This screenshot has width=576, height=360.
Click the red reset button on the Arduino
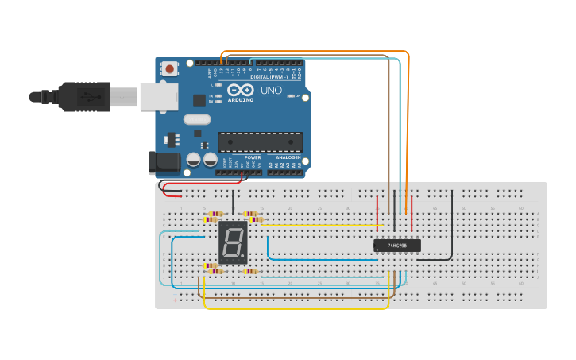pos(169,68)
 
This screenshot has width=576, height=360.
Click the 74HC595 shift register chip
pos(397,246)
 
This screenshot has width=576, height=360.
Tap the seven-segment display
pos(233,242)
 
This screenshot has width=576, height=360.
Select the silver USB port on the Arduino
pos(158,97)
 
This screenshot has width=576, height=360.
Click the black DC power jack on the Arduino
pos(164,162)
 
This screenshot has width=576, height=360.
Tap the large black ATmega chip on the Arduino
pos(261,141)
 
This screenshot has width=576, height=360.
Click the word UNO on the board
pos(272,90)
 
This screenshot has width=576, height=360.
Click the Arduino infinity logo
pos(240,90)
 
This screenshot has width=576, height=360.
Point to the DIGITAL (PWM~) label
pos(269,77)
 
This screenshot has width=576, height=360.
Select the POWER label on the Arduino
pos(253,157)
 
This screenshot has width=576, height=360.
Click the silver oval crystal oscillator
pos(196,119)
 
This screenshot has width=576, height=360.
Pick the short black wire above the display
pos(233,202)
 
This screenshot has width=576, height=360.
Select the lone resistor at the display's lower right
pos(251,272)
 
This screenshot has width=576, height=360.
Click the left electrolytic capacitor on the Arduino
pos(194,160)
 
